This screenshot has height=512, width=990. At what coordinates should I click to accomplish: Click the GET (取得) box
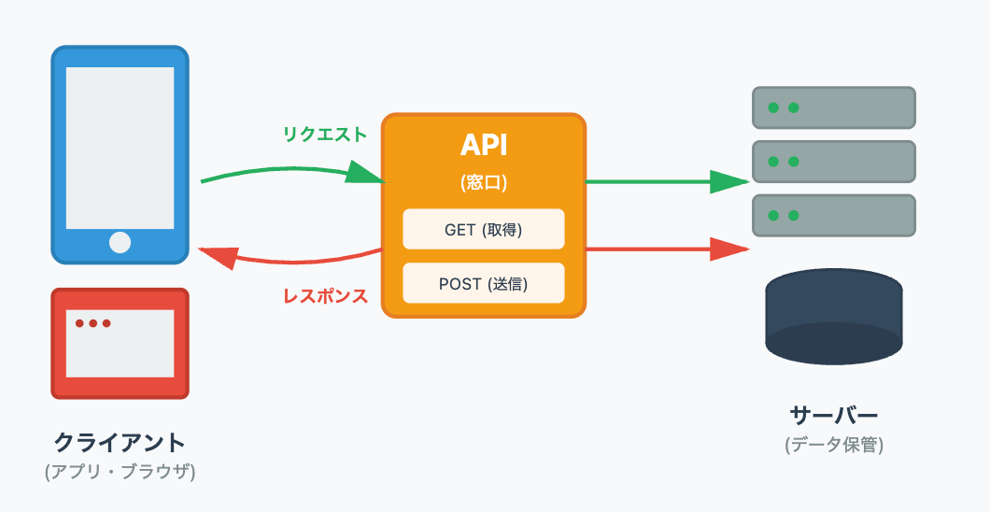point(483,230)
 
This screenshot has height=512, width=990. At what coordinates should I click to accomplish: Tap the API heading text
point(483,146)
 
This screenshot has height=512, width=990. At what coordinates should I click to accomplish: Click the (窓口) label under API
point(483,183)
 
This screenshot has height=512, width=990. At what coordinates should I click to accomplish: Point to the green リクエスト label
point(325,134)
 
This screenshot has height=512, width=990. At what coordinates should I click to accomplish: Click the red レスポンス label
point(325,296)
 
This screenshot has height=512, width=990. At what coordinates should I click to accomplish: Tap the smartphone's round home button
point(120,242)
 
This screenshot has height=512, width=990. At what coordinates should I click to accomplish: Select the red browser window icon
point(120,343)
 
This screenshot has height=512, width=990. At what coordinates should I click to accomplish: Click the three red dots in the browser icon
point(93,323)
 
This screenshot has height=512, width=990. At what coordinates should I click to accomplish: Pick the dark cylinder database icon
point(833,319)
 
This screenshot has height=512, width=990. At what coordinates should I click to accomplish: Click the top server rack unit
point(833,107)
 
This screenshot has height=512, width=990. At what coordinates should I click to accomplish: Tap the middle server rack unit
point(833,162)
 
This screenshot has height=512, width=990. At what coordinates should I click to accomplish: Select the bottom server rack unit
point(833,216)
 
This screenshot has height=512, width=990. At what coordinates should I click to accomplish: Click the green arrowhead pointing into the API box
point(366,173)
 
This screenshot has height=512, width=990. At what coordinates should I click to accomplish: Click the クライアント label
point(120,442)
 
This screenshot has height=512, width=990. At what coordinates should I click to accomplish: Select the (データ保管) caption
point(833,445)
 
